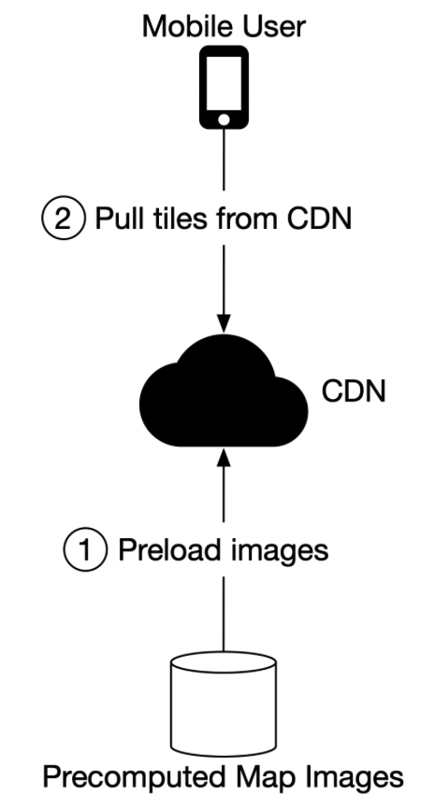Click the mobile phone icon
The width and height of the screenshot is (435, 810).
(224, 87)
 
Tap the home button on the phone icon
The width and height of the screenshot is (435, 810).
(224, 120)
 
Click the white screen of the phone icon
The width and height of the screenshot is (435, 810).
(224, 82)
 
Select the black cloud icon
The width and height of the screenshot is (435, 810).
(224, 391)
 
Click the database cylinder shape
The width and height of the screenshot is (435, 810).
(224, 703)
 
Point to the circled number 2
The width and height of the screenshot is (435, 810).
(63, 219)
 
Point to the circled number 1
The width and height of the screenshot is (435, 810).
(85, 549)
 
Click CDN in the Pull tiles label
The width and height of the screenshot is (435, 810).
(319, 219)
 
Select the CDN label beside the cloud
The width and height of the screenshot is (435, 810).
(354, 391)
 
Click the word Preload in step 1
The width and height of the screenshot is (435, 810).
(163, 549)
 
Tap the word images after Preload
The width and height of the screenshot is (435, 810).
(271, 551)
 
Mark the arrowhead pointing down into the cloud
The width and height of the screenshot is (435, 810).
(224, 323)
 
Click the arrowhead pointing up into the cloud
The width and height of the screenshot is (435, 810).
(224, 458)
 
